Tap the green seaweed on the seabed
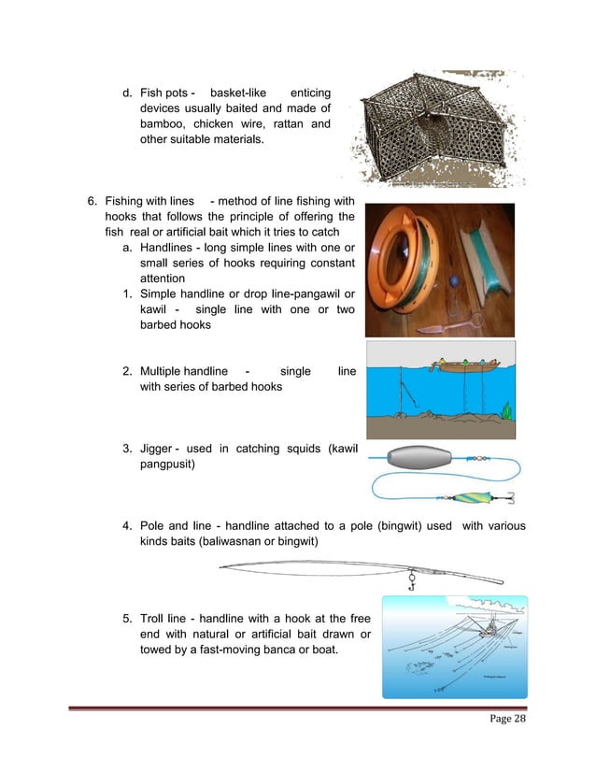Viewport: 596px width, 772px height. point(505,408)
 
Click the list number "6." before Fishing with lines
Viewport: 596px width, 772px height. point(92,201)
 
